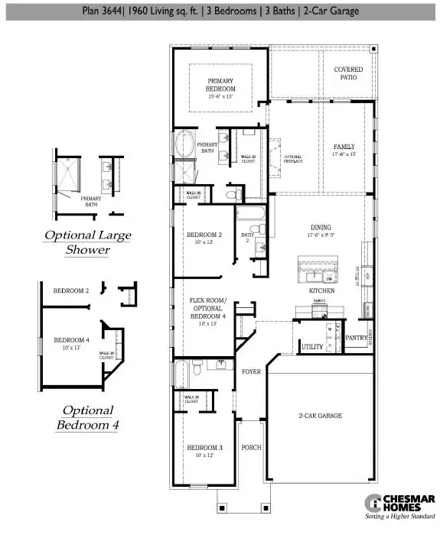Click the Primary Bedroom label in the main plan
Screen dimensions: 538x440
pos(220,87)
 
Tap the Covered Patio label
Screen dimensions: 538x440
pos(348,74)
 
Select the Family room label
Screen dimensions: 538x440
pos(344,149)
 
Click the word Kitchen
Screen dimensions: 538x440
pos(319,291)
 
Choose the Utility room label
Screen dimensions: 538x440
pos(312,346)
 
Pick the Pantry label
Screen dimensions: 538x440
pos(356,337)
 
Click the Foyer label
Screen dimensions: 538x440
pos(252,372)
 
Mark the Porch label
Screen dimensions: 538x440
pos(251,446)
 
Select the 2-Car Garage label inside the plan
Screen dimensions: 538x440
pos(320,416)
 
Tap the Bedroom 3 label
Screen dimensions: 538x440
pos(204,450)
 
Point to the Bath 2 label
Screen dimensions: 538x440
pos(246,238)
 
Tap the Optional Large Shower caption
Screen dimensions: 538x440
pos(87,242)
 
